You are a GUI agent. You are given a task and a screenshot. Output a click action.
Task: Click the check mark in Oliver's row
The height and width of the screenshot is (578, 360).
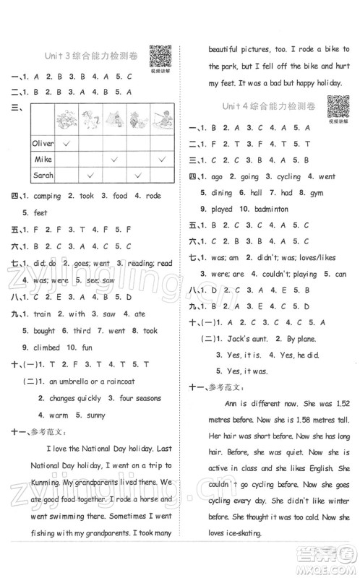[x=67, y=143]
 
